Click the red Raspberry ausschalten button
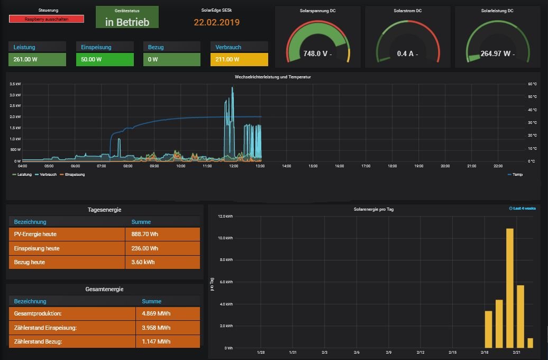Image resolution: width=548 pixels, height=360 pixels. pos(47,19)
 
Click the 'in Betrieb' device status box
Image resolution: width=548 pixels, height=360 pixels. pos(127,22)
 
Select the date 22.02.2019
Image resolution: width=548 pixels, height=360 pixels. pos(216,22)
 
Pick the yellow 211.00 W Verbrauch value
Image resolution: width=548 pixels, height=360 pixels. pos(227,59)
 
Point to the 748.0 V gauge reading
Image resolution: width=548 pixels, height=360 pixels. pos(316,53)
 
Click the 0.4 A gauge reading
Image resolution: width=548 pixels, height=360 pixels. pos(406,53)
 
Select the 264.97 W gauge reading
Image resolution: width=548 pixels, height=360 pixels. pos(496,53)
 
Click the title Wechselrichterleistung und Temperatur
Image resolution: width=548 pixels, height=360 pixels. pos(272,77)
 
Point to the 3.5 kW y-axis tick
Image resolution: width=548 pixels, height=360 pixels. pos(15,84)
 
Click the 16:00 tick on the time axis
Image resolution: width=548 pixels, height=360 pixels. pos(339,166)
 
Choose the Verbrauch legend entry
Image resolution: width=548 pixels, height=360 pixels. pos(48,174)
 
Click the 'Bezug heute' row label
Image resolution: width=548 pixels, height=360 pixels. pos(30,262)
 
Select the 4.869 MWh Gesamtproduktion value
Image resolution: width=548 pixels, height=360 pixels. pos(156,313)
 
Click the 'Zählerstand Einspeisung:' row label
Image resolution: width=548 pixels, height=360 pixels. pos(45,328)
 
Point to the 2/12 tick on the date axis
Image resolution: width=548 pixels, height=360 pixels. pos(421,352)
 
